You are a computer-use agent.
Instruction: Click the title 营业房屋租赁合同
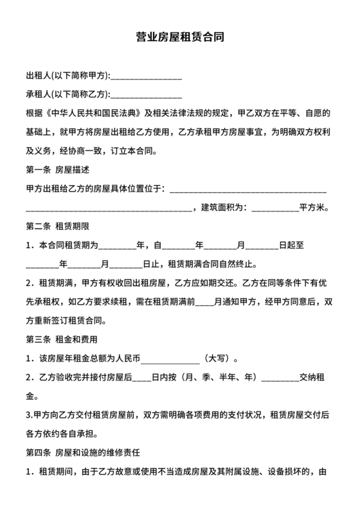180,38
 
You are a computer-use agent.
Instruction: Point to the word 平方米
313,208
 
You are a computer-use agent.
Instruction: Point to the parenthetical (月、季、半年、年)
209,377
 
